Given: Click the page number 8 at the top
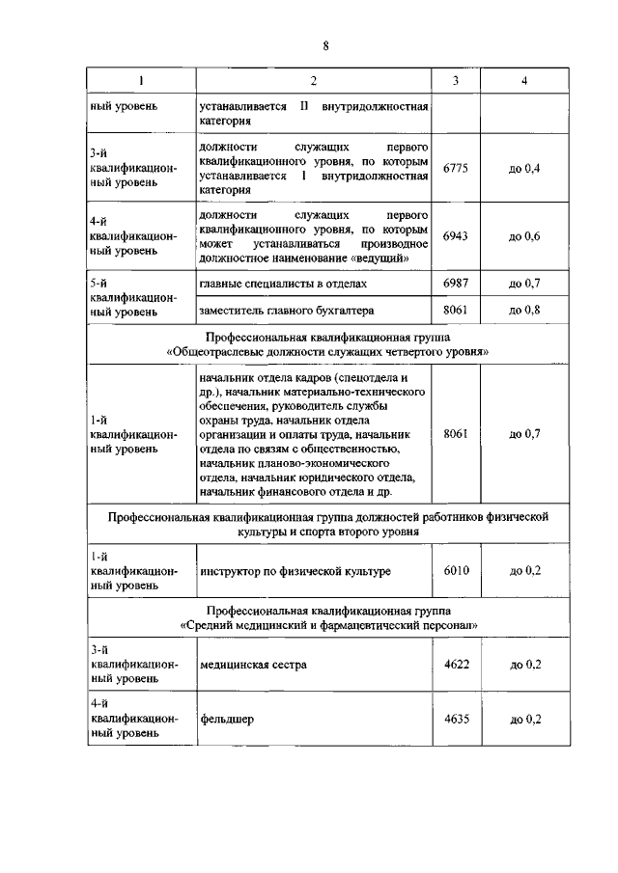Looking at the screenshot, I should (x=325, y=46).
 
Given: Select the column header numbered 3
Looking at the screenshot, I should (x=456, y=80).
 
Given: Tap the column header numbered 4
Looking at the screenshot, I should (x=524, y=80).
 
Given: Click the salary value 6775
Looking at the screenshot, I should (x=456, y=169).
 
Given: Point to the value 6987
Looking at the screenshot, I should (x=456, y=286).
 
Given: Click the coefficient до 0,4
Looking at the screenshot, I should (x=524, y=169).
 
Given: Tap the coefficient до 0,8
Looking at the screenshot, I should (x=524, y=311).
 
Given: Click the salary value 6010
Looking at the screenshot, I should (x=456, y=571).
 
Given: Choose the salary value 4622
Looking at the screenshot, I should (x=456, y=665).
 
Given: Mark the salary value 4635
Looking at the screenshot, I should (x=456, y=719).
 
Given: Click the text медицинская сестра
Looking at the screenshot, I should (x=253, y=665).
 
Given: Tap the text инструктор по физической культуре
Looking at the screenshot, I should (x=295, y=572).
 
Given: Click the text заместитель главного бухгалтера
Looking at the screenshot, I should (x=286, y=311).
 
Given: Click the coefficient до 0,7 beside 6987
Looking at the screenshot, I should (x=524, y=286).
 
